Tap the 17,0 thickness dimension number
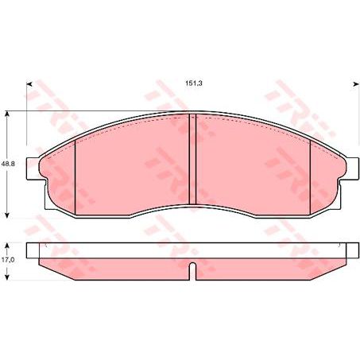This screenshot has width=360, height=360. tap(8, 259)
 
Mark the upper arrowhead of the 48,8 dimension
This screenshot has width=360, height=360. tap(8, 114)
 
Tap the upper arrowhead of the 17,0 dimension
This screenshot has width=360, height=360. tap(8, 244)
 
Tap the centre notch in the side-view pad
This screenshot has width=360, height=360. tap(193, 271)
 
